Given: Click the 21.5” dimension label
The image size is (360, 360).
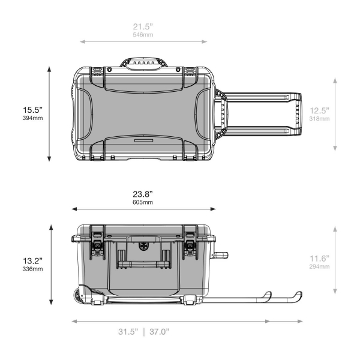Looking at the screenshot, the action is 143,26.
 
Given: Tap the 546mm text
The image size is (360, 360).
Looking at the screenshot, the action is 143,35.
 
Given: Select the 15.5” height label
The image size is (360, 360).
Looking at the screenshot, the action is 32,110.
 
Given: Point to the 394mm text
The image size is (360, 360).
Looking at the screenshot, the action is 32,118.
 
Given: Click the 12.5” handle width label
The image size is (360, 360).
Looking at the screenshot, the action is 319,110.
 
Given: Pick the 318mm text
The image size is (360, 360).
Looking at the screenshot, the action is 319,119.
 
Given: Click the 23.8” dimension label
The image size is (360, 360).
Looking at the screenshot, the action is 143,194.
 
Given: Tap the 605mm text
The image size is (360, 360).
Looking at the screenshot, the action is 143,202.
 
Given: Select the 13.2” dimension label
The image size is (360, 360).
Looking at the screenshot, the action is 32,261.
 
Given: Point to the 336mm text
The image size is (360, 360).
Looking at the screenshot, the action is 32,269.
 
